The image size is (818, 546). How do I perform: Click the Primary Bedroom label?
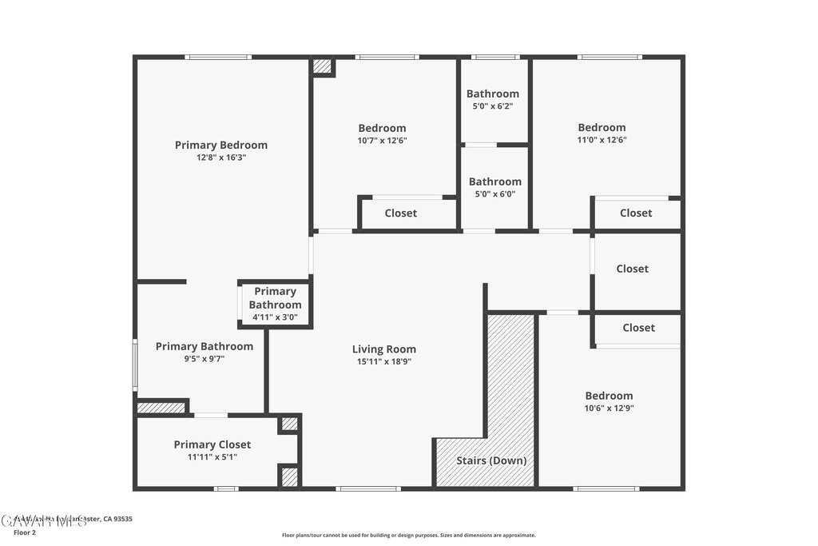(221, 145)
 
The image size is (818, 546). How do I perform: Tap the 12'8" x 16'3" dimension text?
(221, 157)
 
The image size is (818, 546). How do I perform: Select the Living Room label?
(384, 349)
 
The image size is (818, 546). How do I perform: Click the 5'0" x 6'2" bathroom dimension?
(493, 106)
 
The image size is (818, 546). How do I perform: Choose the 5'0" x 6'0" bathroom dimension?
(494, 193)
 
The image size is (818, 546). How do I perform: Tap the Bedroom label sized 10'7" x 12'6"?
(382, 128)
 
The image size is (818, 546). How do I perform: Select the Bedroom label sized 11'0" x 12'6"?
(602, 127)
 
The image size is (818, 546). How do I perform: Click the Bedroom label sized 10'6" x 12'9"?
(609, 396)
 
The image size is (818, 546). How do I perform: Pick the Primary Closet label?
(212, 444)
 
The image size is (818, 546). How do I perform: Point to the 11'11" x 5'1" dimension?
(212, 457)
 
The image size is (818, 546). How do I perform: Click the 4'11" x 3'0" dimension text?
(275, 317)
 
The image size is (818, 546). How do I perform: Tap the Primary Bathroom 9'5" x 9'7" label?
(204, 346)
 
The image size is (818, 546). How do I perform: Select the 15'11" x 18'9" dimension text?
(384, 361)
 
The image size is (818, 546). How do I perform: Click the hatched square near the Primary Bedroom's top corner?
(322, 67)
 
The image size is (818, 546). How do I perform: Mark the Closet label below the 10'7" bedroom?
(401, 213)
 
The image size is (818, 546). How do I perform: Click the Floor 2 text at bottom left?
(25, 532)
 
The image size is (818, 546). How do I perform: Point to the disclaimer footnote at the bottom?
(408, 536)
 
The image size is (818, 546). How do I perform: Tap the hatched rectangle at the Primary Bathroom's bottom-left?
(161, 408)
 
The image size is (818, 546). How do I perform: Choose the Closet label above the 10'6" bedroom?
(638, 328)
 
